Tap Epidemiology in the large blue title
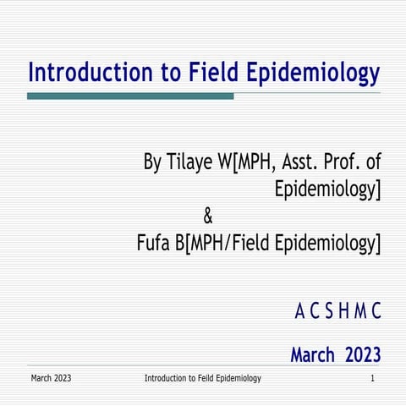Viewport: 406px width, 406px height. coord(312,74)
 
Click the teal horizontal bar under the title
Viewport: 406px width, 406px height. coord(130,96)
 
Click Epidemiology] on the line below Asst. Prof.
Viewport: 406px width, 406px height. coord(327,190)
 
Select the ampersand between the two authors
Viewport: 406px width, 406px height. coord(209,217)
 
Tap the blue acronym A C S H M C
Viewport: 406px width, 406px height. coord(337,313)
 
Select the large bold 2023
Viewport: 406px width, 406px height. coord(363,355)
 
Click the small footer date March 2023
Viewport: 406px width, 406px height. coord(51,377)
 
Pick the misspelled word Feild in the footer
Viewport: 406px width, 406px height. coord(207,377)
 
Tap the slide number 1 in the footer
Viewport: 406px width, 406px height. coord(372,377)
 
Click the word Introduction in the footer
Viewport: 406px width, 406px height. coord(165,377)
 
